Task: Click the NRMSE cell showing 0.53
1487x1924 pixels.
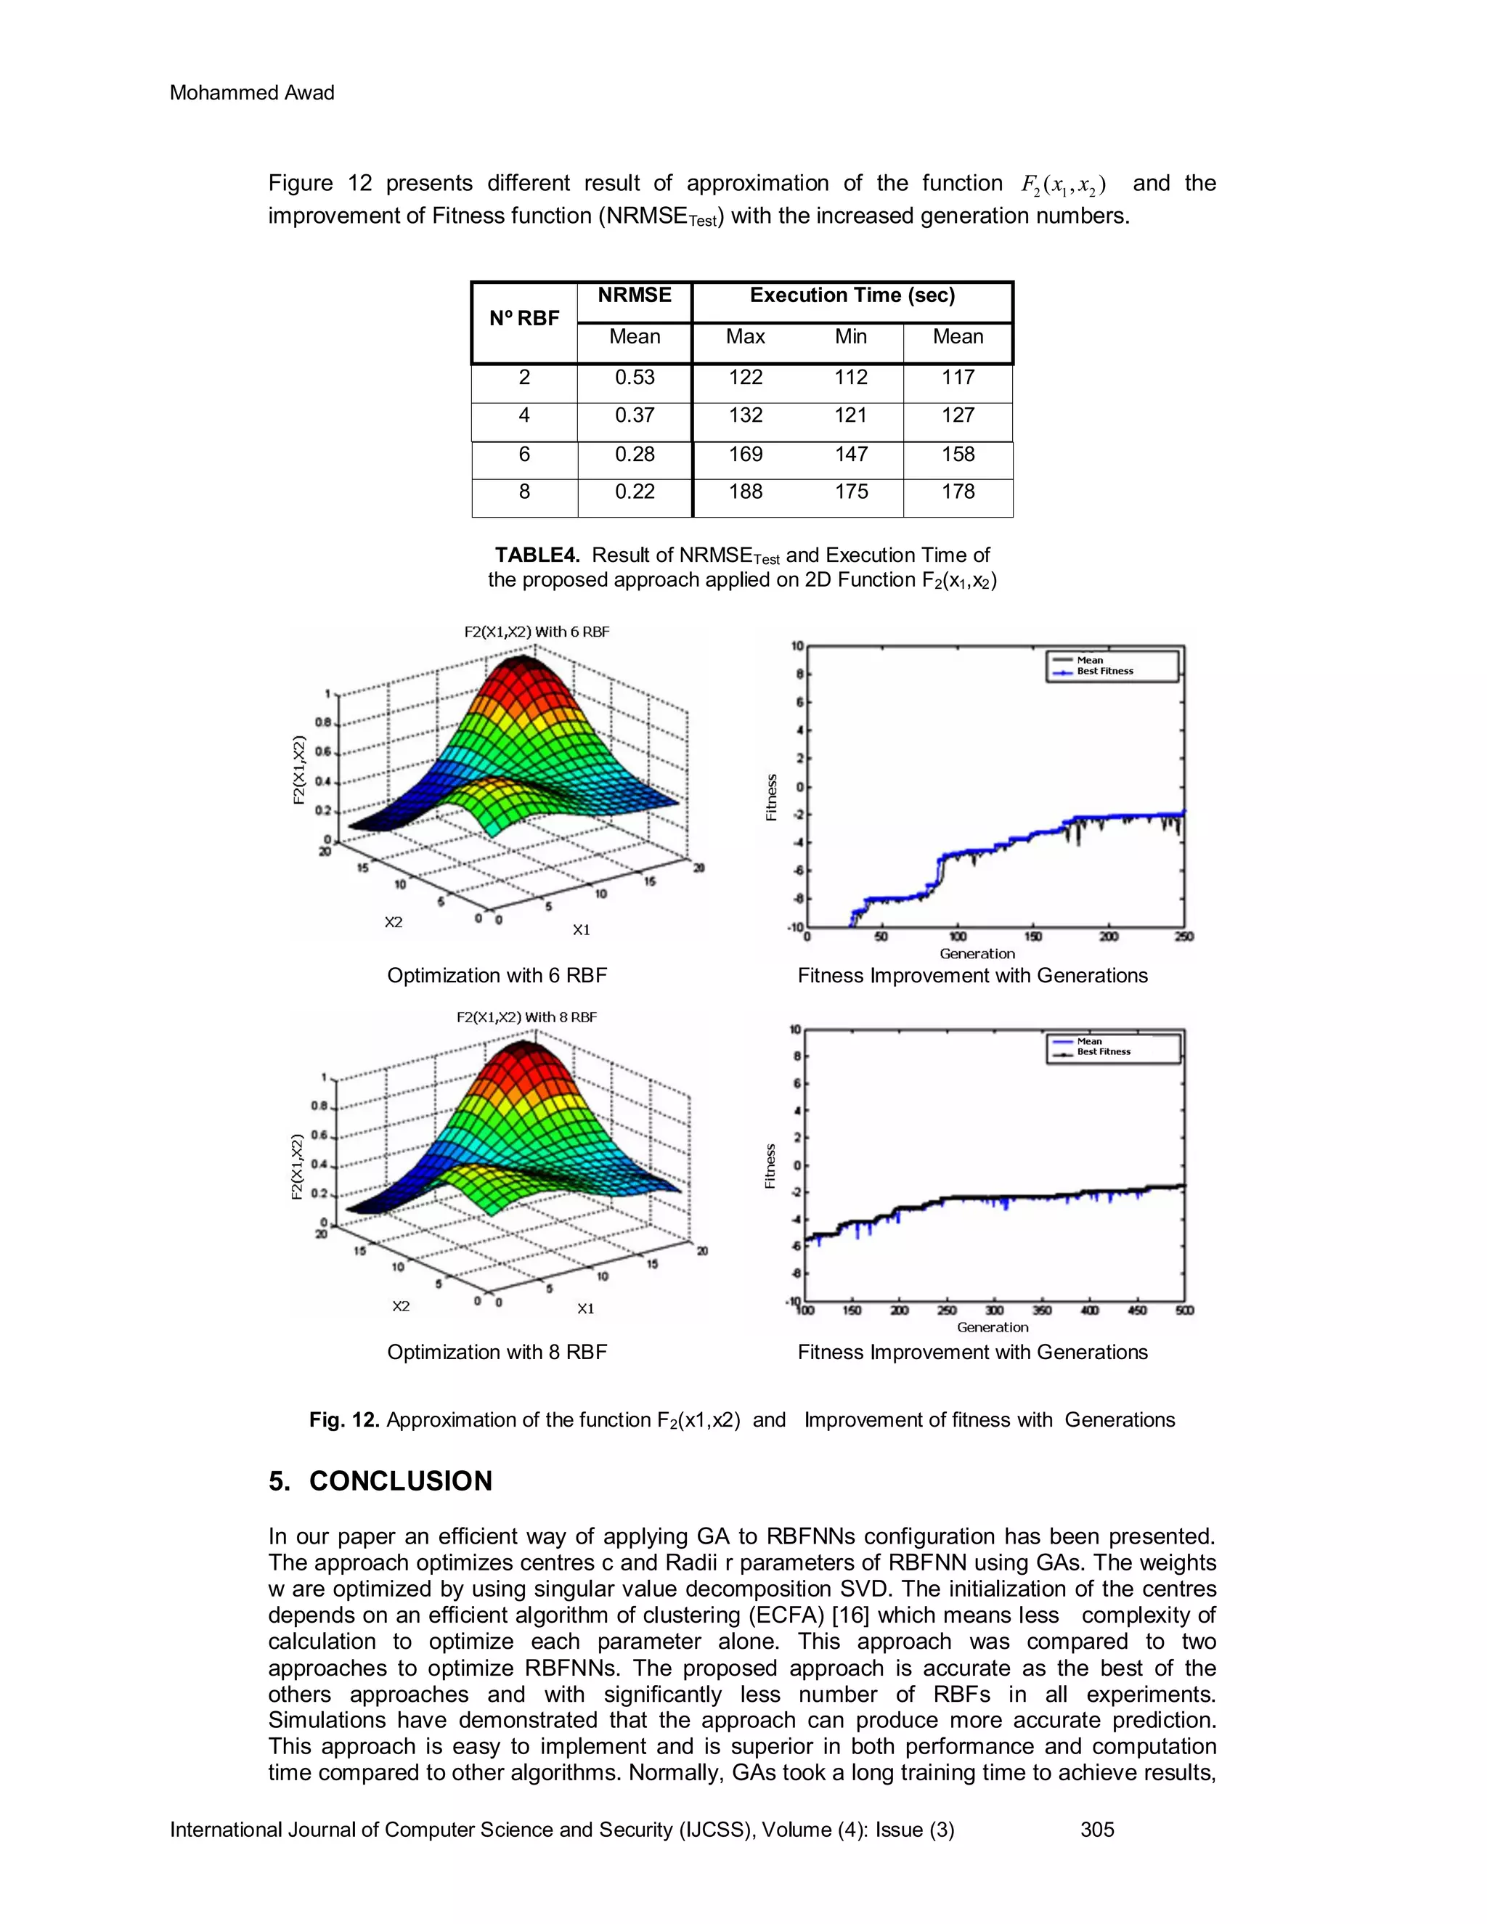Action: (635, 378)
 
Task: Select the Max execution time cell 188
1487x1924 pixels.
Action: (745, 492)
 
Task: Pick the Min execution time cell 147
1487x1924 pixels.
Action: (851, 454)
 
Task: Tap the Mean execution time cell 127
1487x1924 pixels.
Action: (958, 416)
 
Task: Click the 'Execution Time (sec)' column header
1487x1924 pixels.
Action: (852, 296)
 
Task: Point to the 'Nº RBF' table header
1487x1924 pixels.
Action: (524, 318)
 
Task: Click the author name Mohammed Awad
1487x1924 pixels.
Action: (252, 92)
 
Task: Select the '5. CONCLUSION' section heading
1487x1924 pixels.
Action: (380, 1481)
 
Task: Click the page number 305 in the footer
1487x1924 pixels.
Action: (1098, 1830)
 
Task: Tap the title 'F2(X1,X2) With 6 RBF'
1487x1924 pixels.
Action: (537, 632)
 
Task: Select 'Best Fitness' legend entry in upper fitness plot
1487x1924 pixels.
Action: (1104, 672)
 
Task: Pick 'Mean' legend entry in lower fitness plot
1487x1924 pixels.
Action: (1089, 1041)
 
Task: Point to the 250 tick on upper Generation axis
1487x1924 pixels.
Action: (1184, 937)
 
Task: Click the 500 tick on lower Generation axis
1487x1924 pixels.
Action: (1184, 1310)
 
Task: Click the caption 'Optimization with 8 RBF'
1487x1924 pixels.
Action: (497, 1353)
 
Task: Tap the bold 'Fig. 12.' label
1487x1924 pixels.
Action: (344, 1420)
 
